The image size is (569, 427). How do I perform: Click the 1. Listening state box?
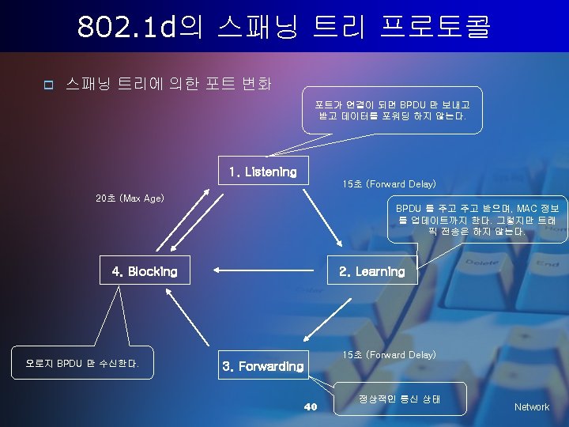click(x=262, y=172)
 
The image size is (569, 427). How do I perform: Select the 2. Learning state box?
click(x=371, y=271)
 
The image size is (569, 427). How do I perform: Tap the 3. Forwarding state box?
click(x=263, y=366)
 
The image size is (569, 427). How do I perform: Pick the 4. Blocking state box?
click(x=145, y=271)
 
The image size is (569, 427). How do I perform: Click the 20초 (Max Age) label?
click(x=130, y=198)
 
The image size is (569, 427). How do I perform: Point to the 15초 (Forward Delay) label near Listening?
click(x=389, y=184)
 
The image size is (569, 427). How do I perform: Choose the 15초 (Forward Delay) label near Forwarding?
click(x=389, y=355)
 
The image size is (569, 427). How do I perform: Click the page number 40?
click(x=311, y=406)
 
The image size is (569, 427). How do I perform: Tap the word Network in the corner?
click(x=531, y=406)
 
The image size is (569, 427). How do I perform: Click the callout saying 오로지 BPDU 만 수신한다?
click(x=82, y=364)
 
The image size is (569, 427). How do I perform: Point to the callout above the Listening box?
click(x=392, y=110)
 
